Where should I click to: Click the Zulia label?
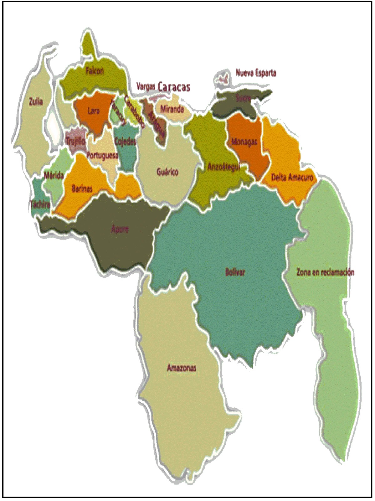[36, 101]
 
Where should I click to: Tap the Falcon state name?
[95, 71]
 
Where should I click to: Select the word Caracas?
[174, 87]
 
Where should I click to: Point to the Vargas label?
[146, 86]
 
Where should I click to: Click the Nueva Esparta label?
[256, 73]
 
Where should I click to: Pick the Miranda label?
[172, 109]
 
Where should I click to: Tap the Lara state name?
[94, 111]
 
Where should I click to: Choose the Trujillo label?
[75, 141]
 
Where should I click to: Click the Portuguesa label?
[102, 155]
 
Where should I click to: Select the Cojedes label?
[125, 142]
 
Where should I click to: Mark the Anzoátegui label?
[223, 167]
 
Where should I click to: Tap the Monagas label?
[244, 142]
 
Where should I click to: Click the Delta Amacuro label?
[292, 178]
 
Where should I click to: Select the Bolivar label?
[235, 272]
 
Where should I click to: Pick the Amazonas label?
[182, 367]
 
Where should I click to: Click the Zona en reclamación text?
[325, 272]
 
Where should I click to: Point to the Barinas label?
[82, 189]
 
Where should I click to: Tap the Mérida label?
[54, 175]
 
